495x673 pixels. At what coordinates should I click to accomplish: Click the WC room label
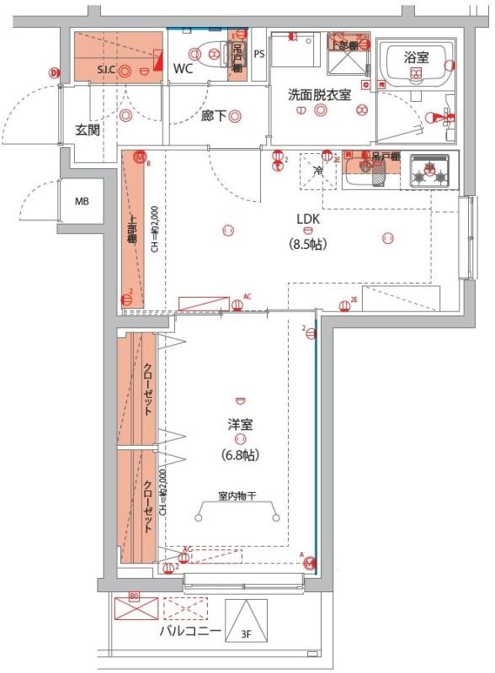[x=184, y=69]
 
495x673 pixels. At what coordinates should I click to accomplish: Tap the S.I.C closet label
[x=106, y=69]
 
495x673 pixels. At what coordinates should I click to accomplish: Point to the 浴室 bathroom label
[x=416, y=57]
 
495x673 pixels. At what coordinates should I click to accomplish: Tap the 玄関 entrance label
[x=88, y=130]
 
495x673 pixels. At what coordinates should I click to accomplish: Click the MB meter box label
[x=82, y=202]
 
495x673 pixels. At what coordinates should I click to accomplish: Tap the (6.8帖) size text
[x=240, y=454]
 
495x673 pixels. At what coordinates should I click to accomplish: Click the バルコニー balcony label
[x=190, y=630]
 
